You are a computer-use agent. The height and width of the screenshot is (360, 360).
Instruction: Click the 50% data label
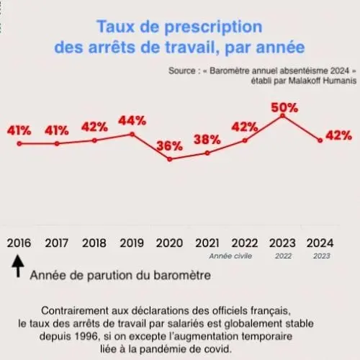284,108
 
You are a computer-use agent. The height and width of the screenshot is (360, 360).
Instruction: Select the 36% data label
170,145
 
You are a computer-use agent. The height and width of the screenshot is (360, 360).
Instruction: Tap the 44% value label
132,121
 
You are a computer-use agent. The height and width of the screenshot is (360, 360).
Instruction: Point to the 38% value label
207,140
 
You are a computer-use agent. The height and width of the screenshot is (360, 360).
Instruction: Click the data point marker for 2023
283,116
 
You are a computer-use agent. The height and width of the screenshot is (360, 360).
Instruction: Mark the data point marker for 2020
170,159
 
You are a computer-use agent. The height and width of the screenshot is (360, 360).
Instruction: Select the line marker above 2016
19,144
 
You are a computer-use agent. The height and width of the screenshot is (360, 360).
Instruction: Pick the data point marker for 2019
132,134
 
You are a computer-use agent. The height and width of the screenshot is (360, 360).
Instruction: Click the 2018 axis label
94,243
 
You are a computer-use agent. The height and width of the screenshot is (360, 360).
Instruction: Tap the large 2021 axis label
207,243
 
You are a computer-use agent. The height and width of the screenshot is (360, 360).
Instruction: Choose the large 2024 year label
320,243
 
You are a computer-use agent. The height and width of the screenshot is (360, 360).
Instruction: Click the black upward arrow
18,266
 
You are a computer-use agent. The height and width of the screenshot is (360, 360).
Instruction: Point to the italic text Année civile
230,256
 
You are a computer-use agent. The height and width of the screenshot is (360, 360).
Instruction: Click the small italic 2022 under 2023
283,256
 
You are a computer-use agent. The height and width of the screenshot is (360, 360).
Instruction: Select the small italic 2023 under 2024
322,256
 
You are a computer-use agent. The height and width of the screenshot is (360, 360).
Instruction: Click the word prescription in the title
213,27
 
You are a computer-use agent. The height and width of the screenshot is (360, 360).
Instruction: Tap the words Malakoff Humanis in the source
323,81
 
